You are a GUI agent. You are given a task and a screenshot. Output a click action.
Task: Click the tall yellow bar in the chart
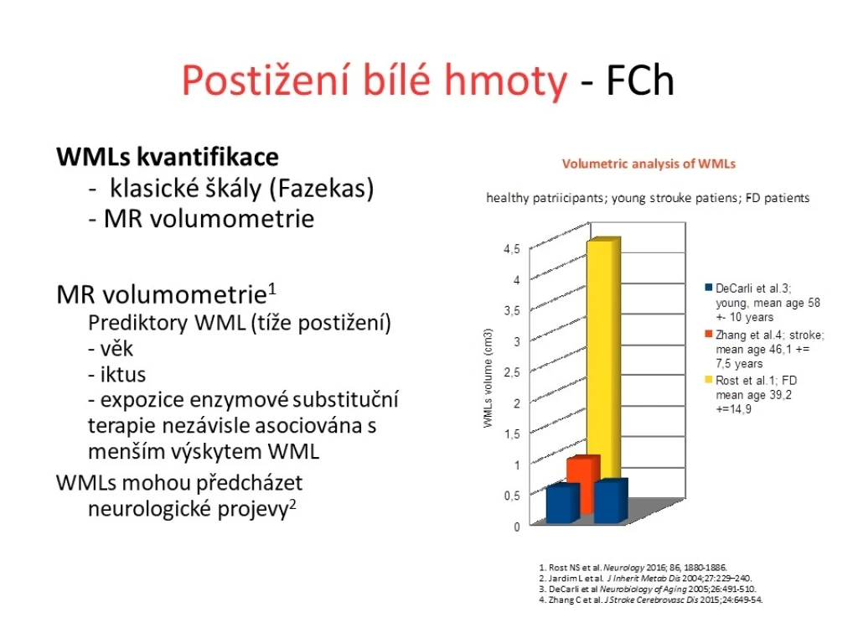coord(603,361)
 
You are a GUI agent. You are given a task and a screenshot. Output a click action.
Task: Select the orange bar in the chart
coord(583,482)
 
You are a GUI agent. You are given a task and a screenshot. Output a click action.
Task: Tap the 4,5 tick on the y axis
coord(512,249)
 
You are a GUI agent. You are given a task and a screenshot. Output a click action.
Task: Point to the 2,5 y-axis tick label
coord(512,372)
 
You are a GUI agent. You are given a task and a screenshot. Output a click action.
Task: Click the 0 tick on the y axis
coord(516,527)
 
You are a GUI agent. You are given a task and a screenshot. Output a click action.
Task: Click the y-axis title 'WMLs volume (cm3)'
coord(488,378)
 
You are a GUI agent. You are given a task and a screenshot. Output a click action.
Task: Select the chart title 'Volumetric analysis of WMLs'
coord(649,164)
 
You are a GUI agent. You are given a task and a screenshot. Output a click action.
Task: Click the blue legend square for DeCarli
coord(709,288)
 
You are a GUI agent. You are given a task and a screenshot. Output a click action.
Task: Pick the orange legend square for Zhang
coord(709,334)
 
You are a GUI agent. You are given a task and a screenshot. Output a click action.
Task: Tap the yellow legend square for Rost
coord(709,380)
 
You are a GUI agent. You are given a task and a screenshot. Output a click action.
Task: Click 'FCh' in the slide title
coord(639,80)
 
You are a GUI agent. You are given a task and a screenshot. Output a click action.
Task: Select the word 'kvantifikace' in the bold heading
coord(208,157)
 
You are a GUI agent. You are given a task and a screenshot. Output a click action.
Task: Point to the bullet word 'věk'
coord(116,349)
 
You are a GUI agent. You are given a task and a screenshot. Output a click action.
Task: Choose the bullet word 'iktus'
coord(123,375)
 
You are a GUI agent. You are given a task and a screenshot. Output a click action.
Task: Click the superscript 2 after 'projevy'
coord(292,503)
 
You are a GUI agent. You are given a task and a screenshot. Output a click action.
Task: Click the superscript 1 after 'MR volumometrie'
coord(272,288)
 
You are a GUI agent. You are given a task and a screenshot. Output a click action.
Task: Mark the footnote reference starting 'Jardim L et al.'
coord(646,579)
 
